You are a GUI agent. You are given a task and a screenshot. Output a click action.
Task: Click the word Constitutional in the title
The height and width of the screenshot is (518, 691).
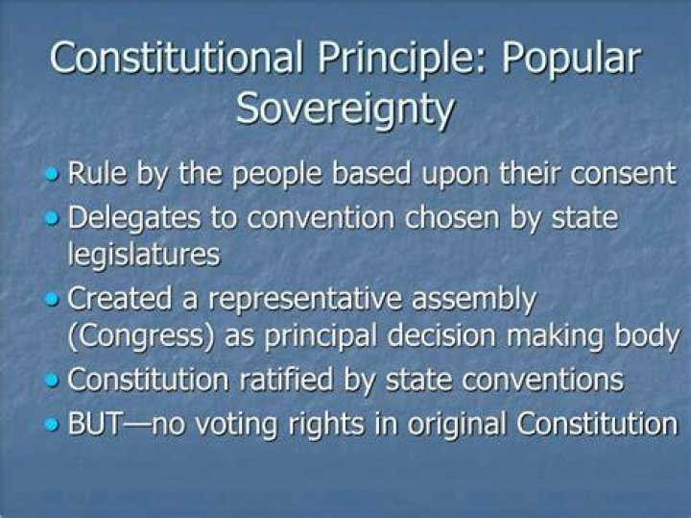click(x=177, y=57)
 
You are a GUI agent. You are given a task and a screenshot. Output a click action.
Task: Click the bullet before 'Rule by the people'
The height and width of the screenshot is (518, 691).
click(x=52, y=175)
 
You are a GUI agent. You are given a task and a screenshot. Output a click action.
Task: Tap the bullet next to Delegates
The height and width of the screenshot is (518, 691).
click(x=52, y=218)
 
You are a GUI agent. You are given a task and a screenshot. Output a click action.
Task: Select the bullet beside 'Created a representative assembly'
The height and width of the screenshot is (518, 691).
click(x=52, y=299)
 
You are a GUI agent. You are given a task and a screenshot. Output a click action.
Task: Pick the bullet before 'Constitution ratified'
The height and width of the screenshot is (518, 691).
click(x=52, y=381)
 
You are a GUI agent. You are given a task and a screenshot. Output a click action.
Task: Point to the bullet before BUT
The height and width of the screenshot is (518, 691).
click(x=52, y=424)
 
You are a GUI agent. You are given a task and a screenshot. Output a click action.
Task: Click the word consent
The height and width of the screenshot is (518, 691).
click(x=623, y=174)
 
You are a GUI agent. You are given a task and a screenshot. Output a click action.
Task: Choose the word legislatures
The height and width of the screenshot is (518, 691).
click(x=144, y=255)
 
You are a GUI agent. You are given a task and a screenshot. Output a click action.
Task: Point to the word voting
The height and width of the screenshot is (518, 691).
click(x=237, y=426)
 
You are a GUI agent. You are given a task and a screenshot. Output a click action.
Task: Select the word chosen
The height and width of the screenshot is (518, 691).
click(x=452, y=218)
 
